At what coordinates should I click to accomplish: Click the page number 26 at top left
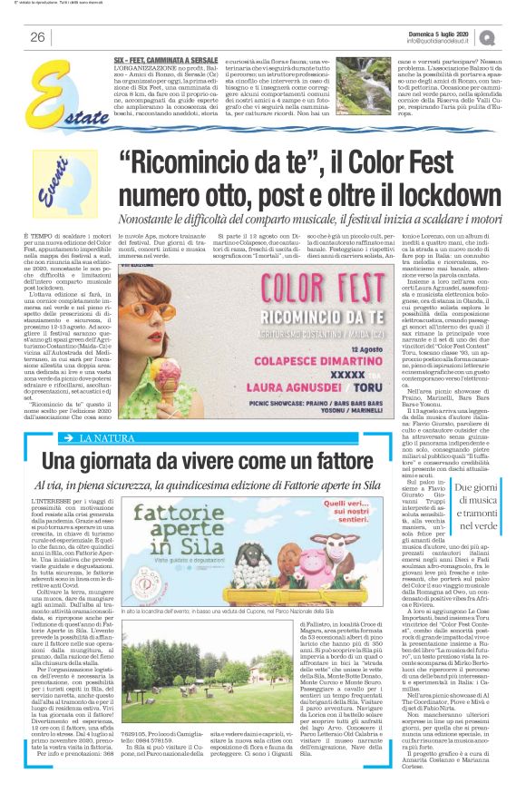[x=37, y=37]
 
